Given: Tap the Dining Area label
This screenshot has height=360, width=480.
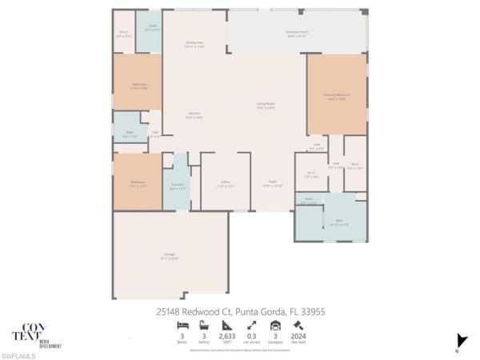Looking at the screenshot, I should coord(194,46).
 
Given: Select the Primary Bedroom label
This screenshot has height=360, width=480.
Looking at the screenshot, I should coord(337,97).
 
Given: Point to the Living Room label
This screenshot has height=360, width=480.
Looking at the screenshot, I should coord(266,106).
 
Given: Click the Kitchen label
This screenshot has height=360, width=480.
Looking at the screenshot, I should coord(194,115).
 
